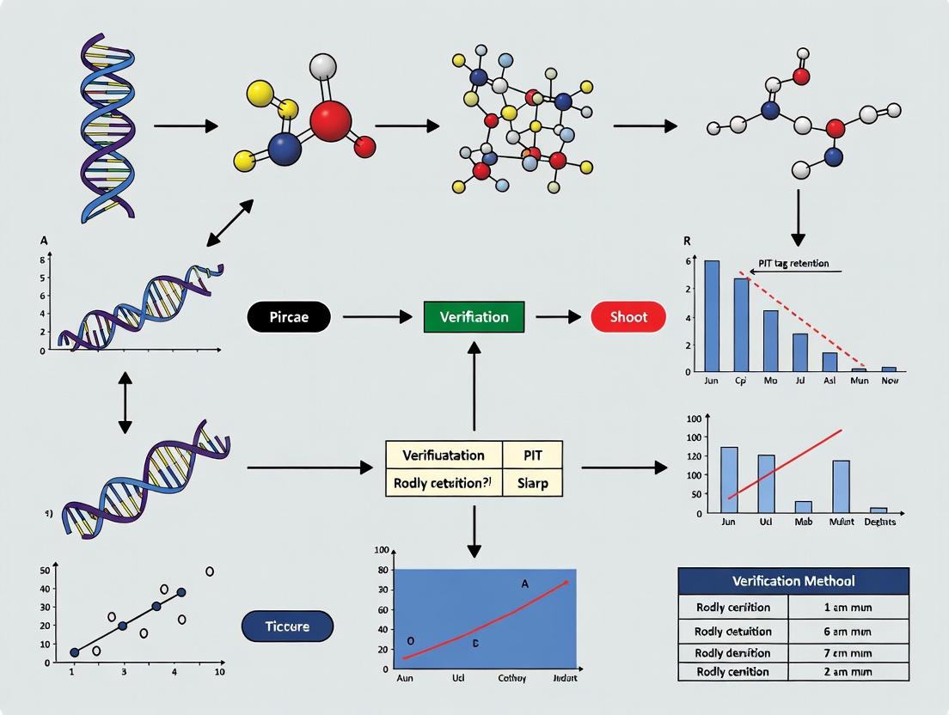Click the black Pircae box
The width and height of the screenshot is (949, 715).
coord(290,317)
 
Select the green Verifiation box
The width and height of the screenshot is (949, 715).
coord(474,317)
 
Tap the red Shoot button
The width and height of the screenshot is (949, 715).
coord(628,317)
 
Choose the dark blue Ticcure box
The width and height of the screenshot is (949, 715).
coord(287,626)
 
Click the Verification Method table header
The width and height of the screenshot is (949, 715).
coord(793,581)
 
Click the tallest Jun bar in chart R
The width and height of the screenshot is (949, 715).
coord(712,315)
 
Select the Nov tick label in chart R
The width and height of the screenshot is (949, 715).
coord(889,380)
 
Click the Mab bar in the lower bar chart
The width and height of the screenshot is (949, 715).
coord(803,506)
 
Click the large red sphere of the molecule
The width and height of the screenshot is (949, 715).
coord(331,120)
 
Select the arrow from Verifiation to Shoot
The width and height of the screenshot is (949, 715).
coord(558,317)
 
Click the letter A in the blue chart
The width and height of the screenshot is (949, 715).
coord(524,584)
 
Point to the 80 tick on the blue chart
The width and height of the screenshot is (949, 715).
coord(383,570)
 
